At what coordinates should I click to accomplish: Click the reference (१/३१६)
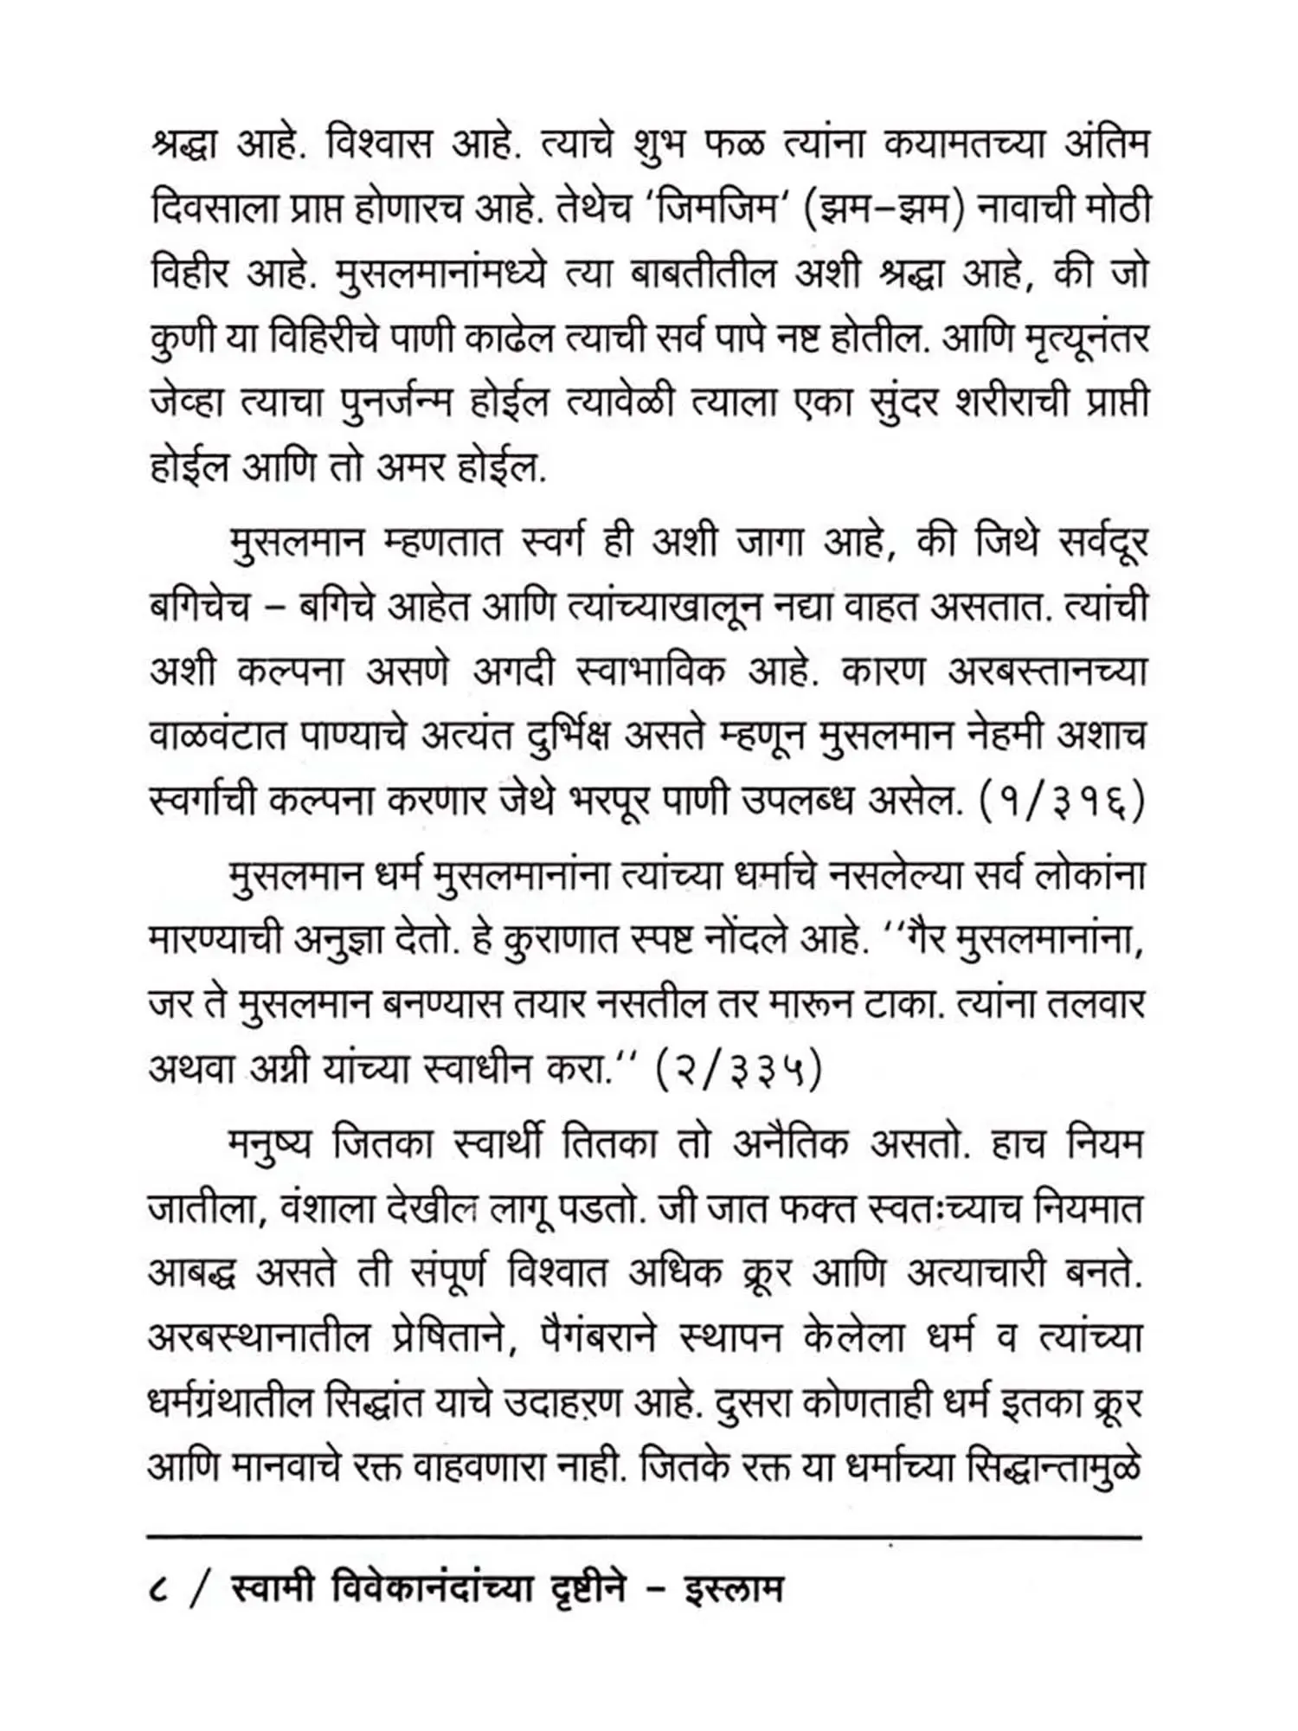click(1061, 802)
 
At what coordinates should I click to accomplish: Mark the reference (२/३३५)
click(738, 1071)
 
